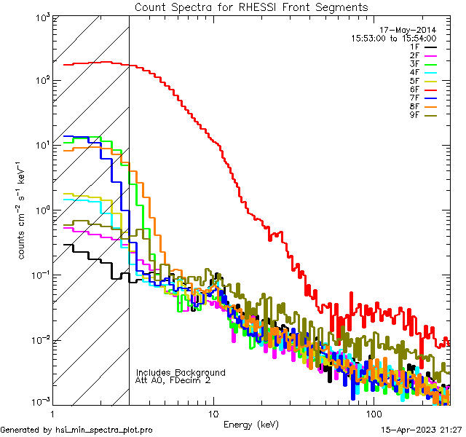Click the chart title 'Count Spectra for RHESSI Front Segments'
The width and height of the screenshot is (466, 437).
tap(251, 7)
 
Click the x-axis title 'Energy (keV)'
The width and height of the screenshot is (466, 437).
tap(250, 425)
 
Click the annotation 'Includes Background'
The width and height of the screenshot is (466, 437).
tap(181, 372)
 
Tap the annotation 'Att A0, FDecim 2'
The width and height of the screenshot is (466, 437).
tap(173, 380)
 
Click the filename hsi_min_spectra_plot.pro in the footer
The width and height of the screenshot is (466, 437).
tap(104, 430)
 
